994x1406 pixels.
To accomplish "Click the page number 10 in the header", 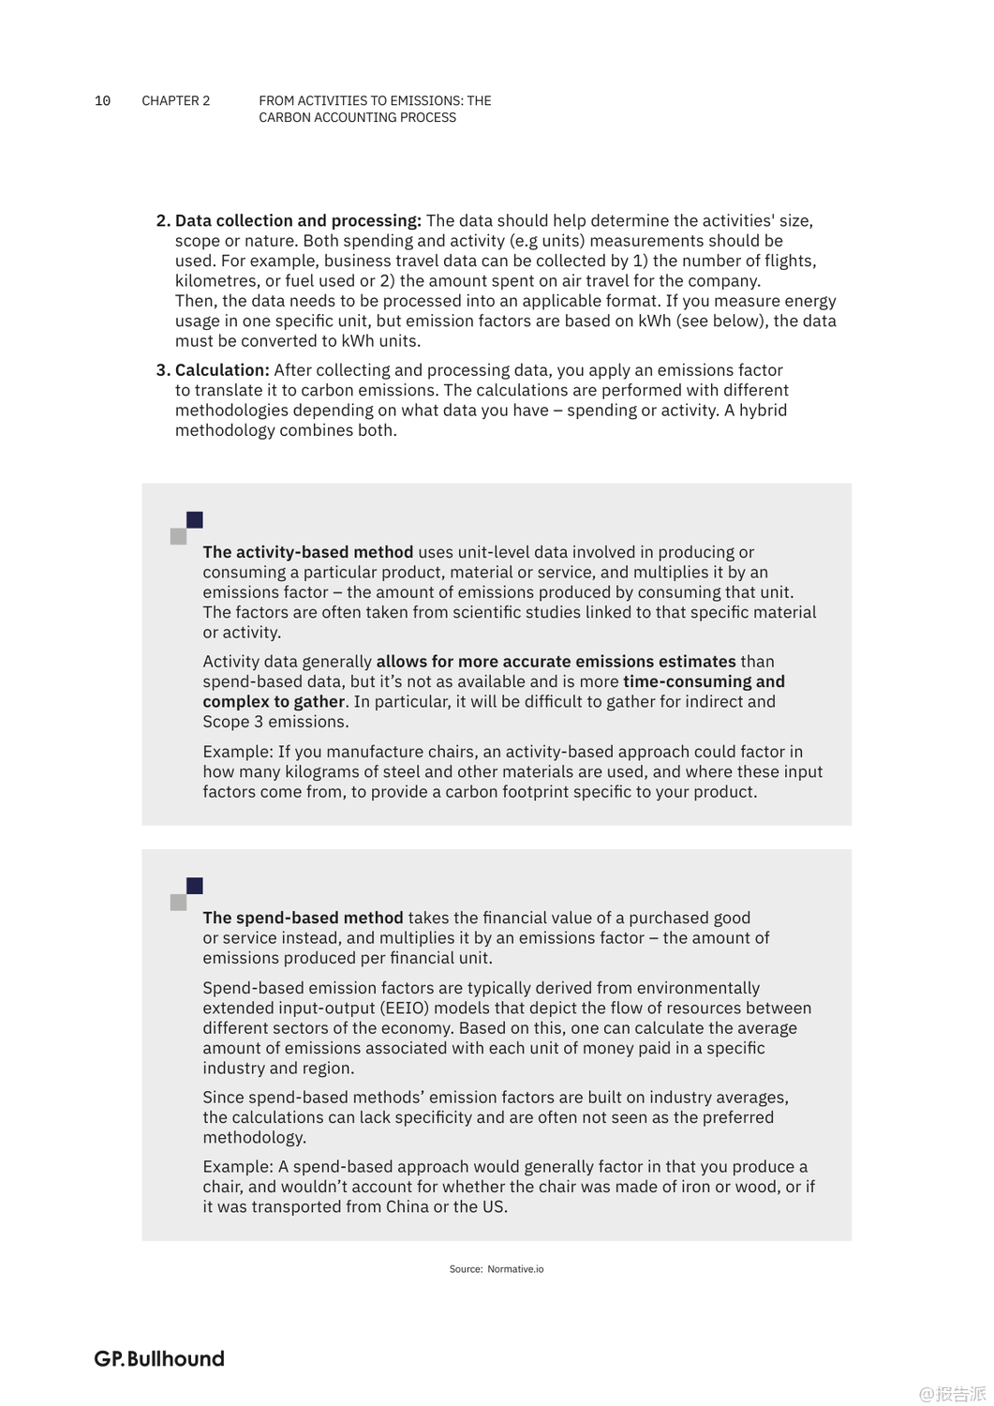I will [102, 101].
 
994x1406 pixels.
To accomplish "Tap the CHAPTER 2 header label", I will [176, 101].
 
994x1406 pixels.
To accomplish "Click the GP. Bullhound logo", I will [159, 1359].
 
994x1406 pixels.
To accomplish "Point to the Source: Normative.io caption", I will [496, 1269].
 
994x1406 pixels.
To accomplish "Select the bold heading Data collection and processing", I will [298, 221].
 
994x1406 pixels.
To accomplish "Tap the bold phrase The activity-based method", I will [307, 552].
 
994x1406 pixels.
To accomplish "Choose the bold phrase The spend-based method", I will [303, 918].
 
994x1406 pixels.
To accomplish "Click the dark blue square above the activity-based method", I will [195, 520].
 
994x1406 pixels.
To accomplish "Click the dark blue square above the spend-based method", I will [195, 886].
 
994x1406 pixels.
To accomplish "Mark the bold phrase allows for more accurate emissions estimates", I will [556, 662].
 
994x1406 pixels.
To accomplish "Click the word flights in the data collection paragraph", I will [786, 261].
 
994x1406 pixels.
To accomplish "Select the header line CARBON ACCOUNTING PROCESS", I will [357, 118].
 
